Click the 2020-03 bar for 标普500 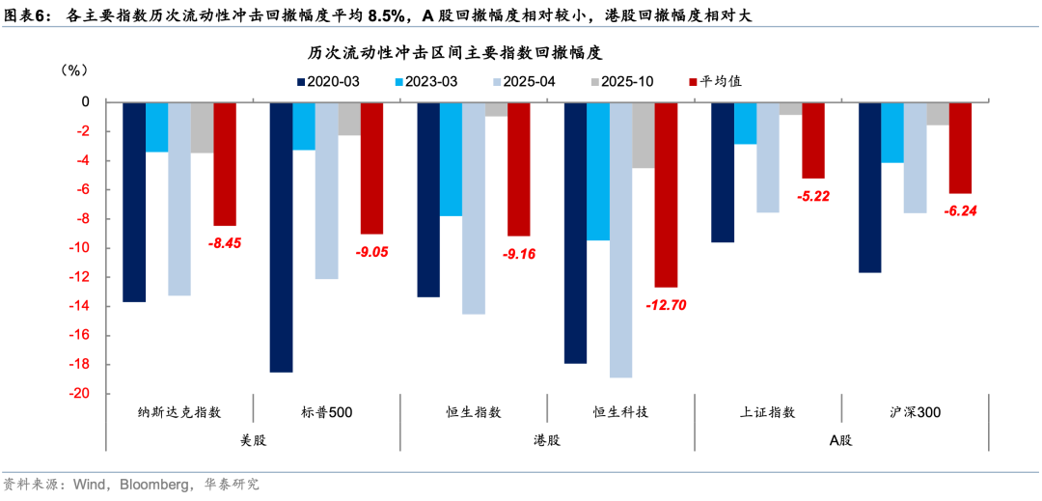point(281,237)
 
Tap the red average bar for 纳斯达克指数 point(225,163)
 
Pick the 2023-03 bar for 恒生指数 point(451,158)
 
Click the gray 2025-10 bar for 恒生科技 point(644,135)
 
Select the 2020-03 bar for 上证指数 point(722,172)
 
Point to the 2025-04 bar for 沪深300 point(915,157)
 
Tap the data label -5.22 point(812,196)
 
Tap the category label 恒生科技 point(620,412)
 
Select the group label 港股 point(547,439)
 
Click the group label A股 point(841,439)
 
